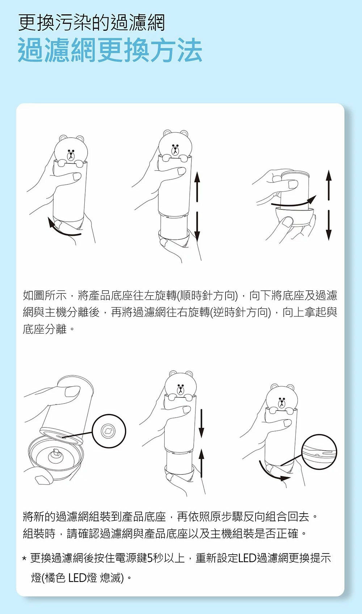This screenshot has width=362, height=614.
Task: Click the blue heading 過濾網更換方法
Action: coord(110,50)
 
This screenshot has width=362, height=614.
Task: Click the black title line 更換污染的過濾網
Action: coord(92,23)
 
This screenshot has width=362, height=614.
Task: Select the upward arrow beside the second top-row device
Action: coord(197,187)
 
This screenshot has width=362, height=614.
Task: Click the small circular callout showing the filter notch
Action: coord(109,431)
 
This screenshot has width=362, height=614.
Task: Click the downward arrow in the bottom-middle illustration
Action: coord(202,423)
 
